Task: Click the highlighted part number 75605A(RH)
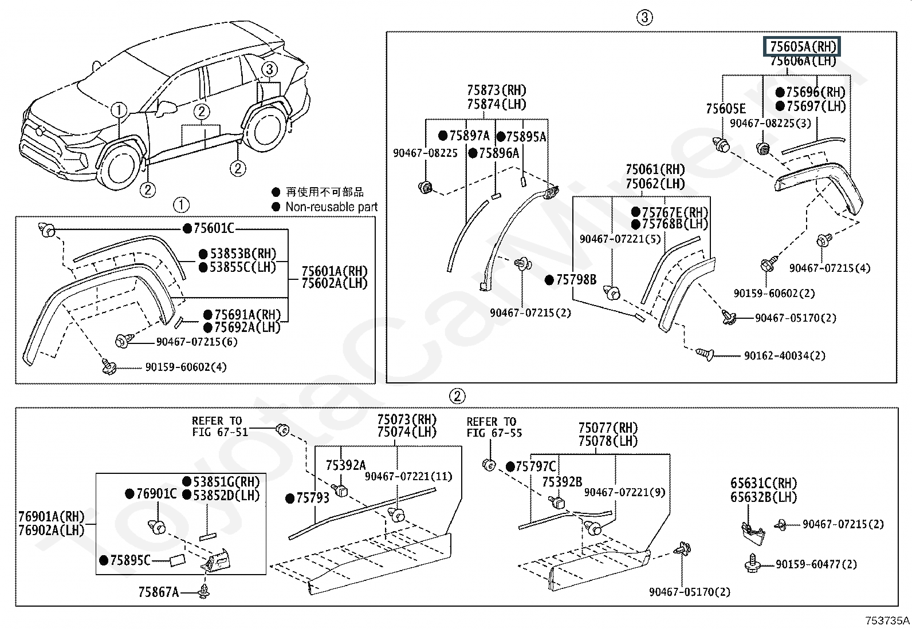click(801, 46)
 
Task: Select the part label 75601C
click(214, 228)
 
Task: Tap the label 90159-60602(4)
click(186, 367)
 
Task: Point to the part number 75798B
click(576, 279)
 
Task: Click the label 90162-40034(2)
click(785, 355)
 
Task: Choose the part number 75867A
click(159, 592)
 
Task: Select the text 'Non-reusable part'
click(332, 207)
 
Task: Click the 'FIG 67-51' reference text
click(220, 432)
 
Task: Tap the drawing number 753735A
click(887, 620)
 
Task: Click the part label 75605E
click(726, 109)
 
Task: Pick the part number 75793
click(313, 497)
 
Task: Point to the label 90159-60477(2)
click(816, 564)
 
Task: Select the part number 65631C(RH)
click(764, 484)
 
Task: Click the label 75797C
click(536, 466)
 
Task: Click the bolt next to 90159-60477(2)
click(752, 563)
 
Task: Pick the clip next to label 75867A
click(204, 591)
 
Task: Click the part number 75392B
click(562, 482)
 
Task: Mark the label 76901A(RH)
click(52, 516)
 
